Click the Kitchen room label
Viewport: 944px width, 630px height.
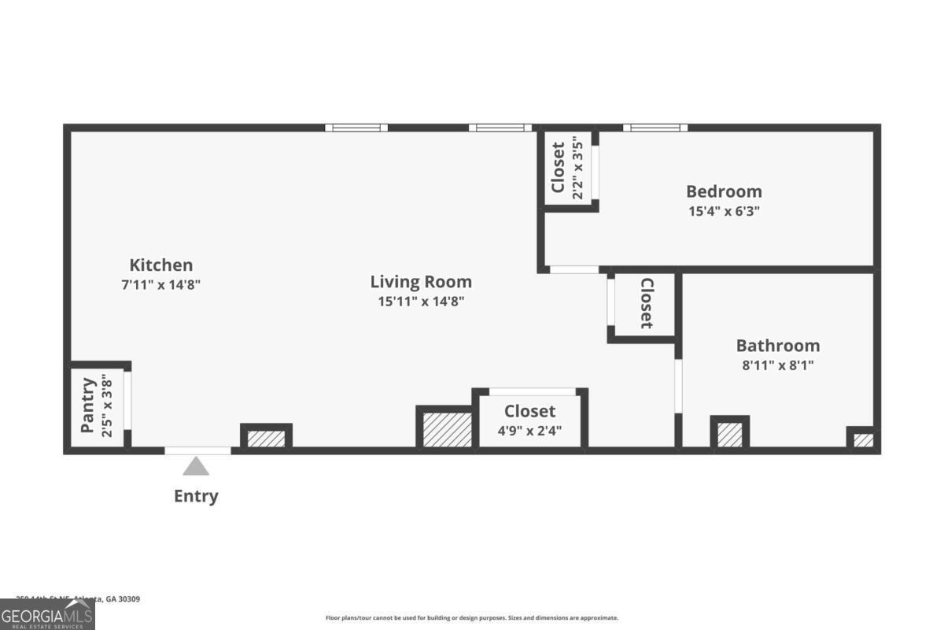tap(160, 265)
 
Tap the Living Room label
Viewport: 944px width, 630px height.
tap(421, 282)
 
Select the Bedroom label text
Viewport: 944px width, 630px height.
tap(724, 191)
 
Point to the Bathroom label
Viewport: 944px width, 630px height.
tap(777, 346)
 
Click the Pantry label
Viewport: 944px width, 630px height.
tap(88, 406)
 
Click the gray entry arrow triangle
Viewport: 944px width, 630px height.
tap(196, 466)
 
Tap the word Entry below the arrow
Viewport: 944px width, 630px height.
tap(196, 496)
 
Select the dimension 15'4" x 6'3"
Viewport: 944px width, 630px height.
tap(724, 211)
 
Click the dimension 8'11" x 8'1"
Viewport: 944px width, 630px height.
tap(777, 365)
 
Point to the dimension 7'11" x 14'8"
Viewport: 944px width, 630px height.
tap(160, 285)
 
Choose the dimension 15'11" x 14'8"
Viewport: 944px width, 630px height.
tap(421, 301)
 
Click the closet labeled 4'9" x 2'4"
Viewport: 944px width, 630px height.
tap(530, 421)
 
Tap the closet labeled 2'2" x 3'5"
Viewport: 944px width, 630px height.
tap(566, 168)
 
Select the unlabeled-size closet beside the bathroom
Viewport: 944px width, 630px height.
tap(645, 303)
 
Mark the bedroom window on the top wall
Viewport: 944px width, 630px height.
tap(655, 128)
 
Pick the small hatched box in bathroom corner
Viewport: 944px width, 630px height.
tap(863, 439)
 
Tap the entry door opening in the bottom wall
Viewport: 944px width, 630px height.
tap(197, 450)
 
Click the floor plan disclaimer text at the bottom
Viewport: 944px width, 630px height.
tap(472, 618)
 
